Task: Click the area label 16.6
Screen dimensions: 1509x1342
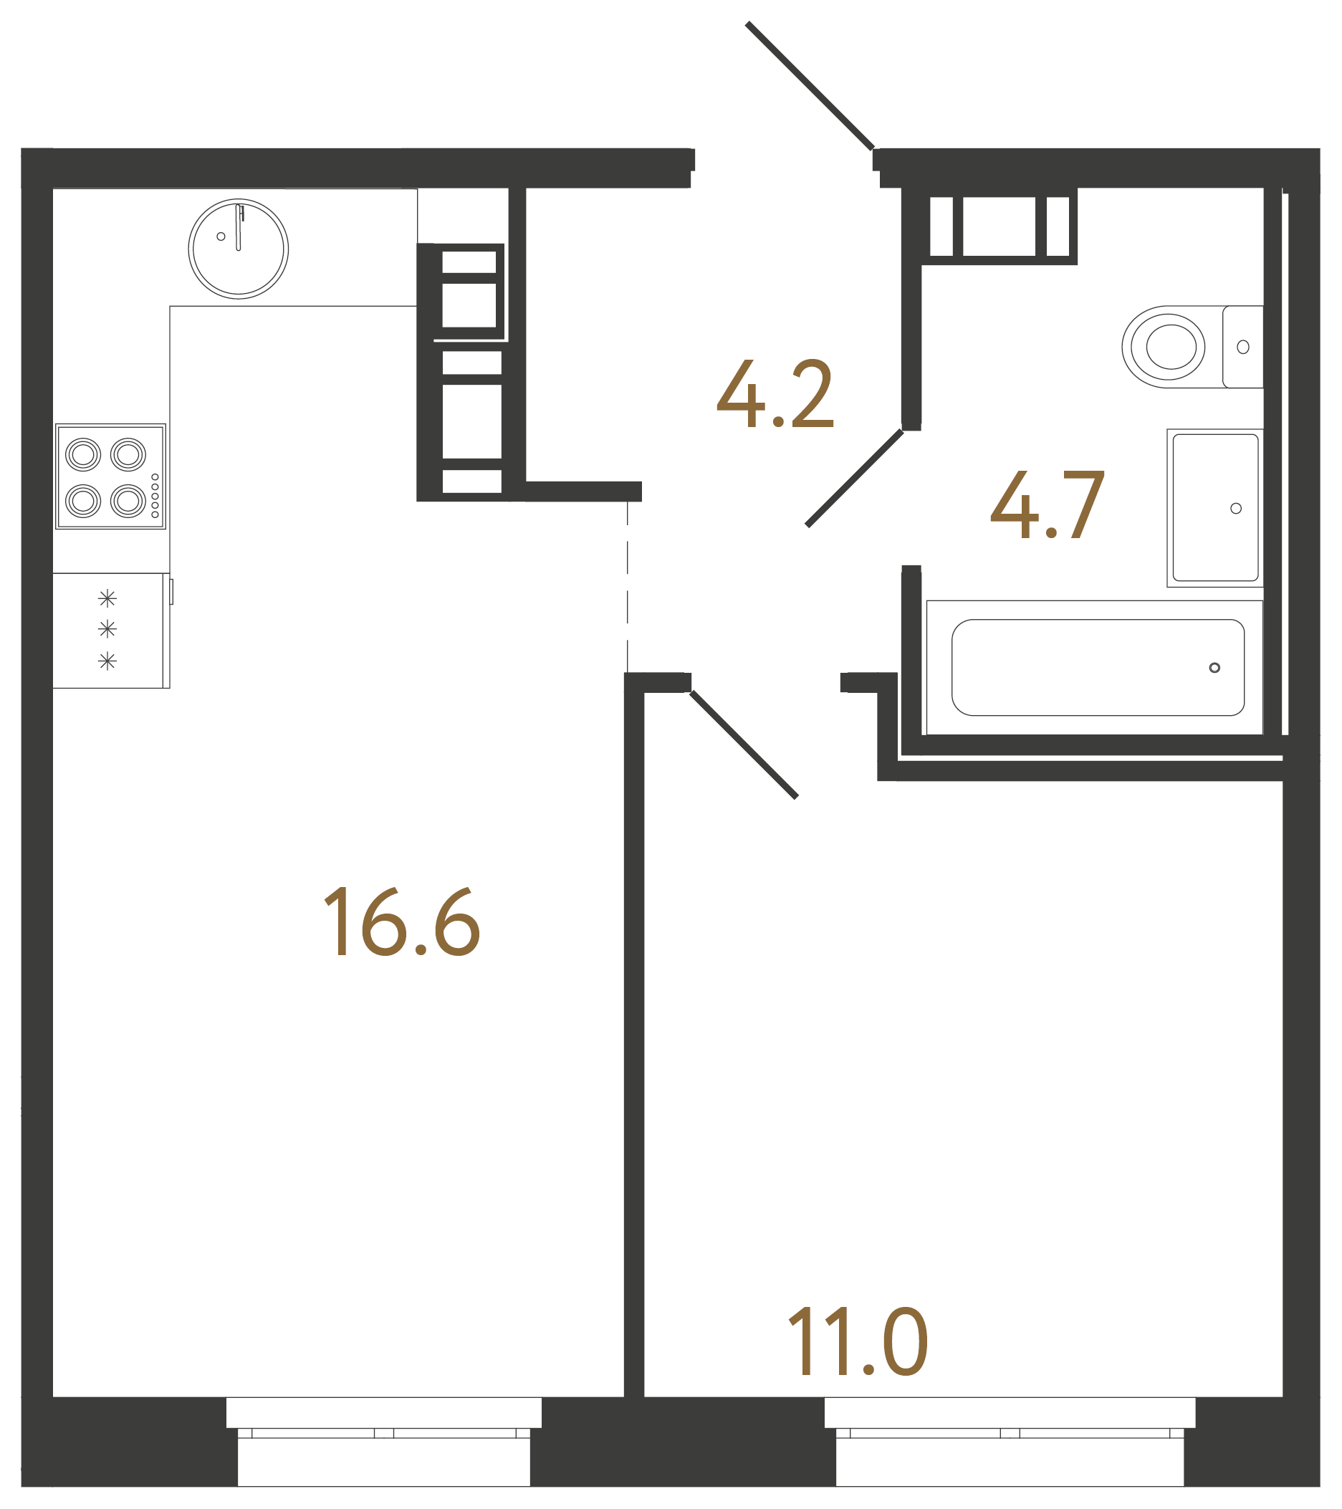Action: pos(401,922)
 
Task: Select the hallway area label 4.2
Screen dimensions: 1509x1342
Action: pos(775,394)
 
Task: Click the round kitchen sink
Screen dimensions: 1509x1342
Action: pos(238,249)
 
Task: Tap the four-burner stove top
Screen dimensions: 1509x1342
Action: pos(111,477)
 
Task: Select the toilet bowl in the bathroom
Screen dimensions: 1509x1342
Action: pos(1166,346)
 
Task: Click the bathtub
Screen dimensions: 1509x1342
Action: pos(1098,667)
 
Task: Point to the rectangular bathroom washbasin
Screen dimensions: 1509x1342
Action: pos(1214,508)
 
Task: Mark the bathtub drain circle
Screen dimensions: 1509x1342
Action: pos(1214,668)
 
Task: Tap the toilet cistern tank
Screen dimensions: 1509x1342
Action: pos(1242,346)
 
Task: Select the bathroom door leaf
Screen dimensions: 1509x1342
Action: pos(854,479)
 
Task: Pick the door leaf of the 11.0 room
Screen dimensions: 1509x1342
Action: pos(743,745)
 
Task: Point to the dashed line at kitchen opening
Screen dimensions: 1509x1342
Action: pos(628,587)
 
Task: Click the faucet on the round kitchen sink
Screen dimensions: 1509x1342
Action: pos(239,227)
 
